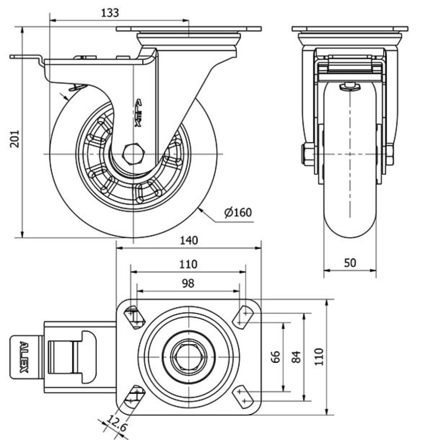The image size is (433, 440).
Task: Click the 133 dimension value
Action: (110, 13)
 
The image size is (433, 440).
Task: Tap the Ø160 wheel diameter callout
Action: (238, 213)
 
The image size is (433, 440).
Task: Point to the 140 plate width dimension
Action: (189, 240)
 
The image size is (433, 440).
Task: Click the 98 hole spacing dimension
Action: (189, 283)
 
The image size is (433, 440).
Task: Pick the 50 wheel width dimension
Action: (350, 263)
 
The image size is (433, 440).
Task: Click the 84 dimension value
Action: (296, 357)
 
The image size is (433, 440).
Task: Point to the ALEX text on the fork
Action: (139, 113)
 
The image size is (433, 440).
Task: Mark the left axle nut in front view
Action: (308, 154)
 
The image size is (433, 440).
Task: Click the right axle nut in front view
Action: (389, 154)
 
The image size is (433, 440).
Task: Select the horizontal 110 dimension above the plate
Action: (189, 264)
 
